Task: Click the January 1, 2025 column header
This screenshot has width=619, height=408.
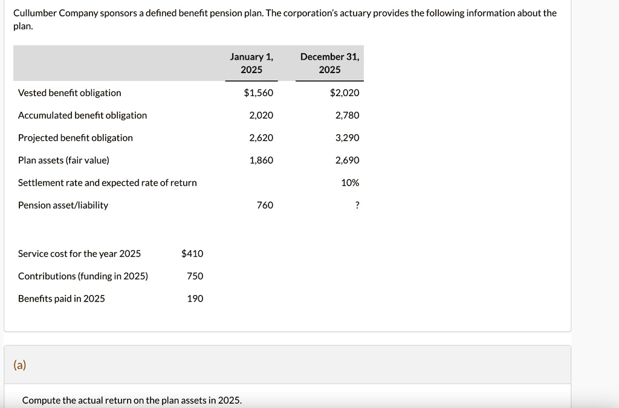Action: coord(251,63)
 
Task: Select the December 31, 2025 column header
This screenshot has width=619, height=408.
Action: coord(329,63)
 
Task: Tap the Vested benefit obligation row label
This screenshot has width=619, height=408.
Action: coord(70,93)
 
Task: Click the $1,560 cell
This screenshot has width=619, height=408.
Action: coord(258,93)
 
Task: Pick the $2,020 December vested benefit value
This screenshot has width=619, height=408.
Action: coord(345,93)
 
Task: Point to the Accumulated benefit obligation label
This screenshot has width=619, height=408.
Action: coord(82,115)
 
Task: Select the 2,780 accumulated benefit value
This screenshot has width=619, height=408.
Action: coord(347,115)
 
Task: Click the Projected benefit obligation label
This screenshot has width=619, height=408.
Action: coord(76,138)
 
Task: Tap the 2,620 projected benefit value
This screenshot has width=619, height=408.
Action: coord(261,138)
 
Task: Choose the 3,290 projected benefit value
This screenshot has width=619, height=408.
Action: coord(347,138)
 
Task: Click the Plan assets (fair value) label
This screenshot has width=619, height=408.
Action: coord(63,160)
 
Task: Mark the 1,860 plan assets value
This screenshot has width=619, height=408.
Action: coord(261,160)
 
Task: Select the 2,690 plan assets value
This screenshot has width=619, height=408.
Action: coord(347,160)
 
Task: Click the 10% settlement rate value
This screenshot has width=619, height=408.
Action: coord(350,183)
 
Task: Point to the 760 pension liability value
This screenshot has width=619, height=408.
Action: coord(265,206)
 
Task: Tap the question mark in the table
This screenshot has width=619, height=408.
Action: coord(357,206)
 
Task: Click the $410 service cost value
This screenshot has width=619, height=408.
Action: coord(192,254)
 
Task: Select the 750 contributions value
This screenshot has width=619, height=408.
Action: coord(195,276)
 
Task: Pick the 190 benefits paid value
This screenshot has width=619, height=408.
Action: coord(195,299)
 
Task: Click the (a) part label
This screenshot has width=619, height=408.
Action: coord(20,365)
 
